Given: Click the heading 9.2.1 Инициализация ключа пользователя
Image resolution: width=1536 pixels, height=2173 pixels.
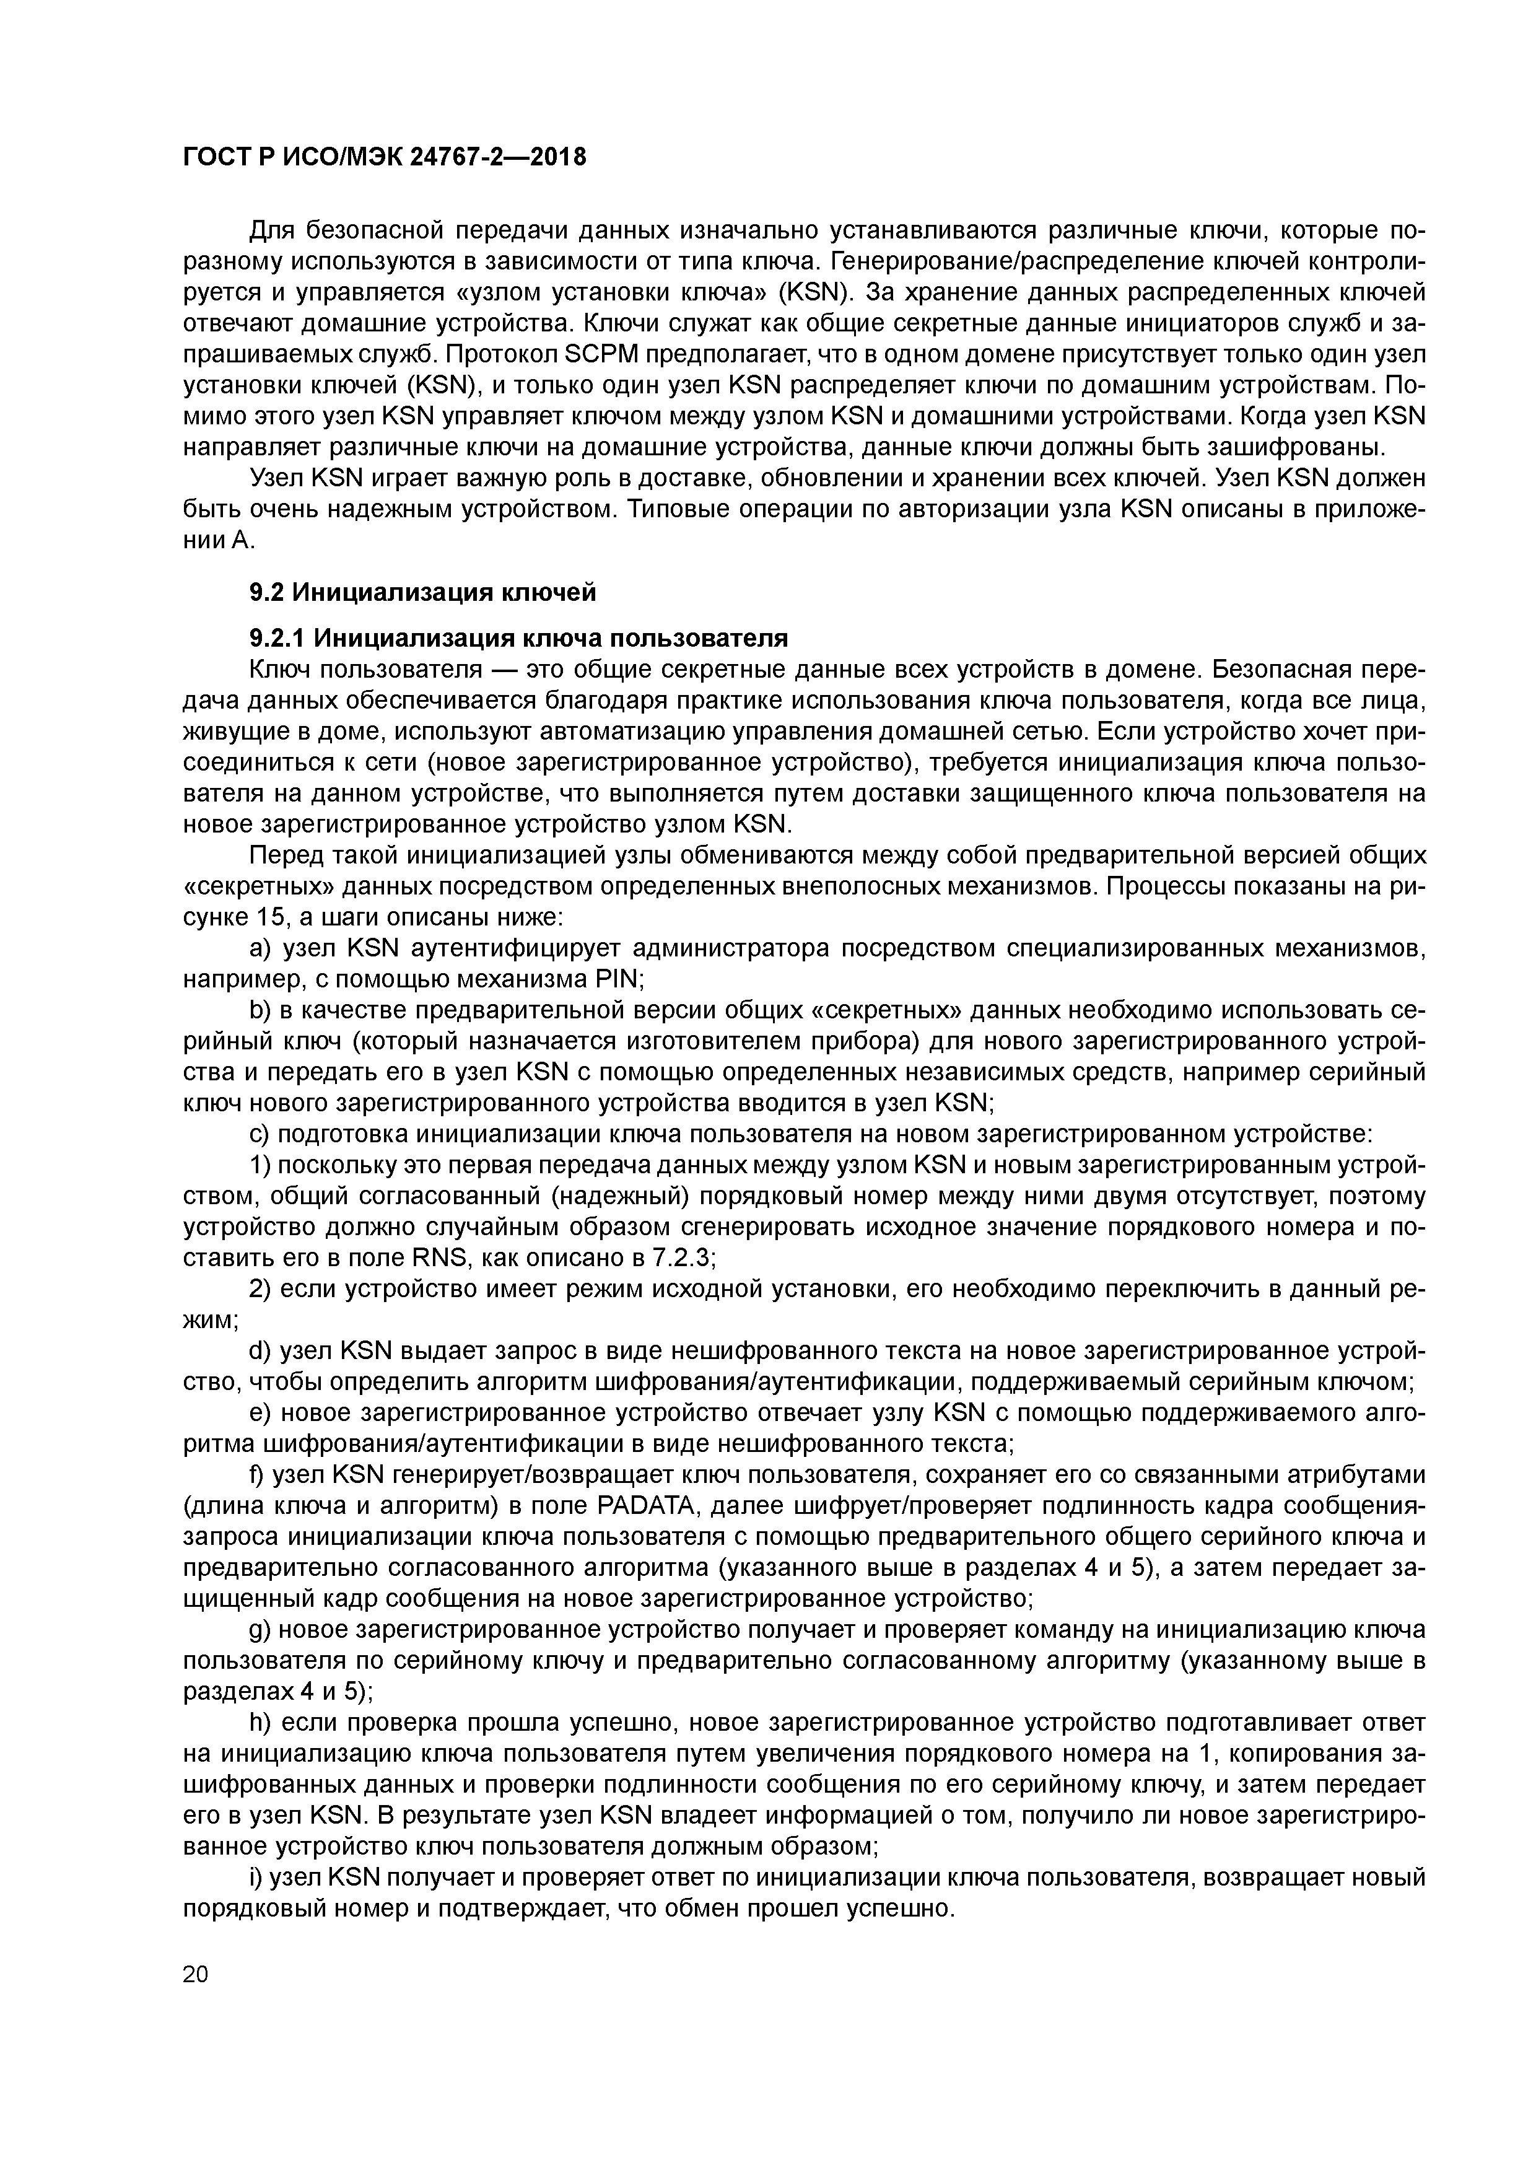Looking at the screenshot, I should pos(518,637).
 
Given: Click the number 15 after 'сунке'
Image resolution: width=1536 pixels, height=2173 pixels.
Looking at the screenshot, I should pos(269,917).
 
